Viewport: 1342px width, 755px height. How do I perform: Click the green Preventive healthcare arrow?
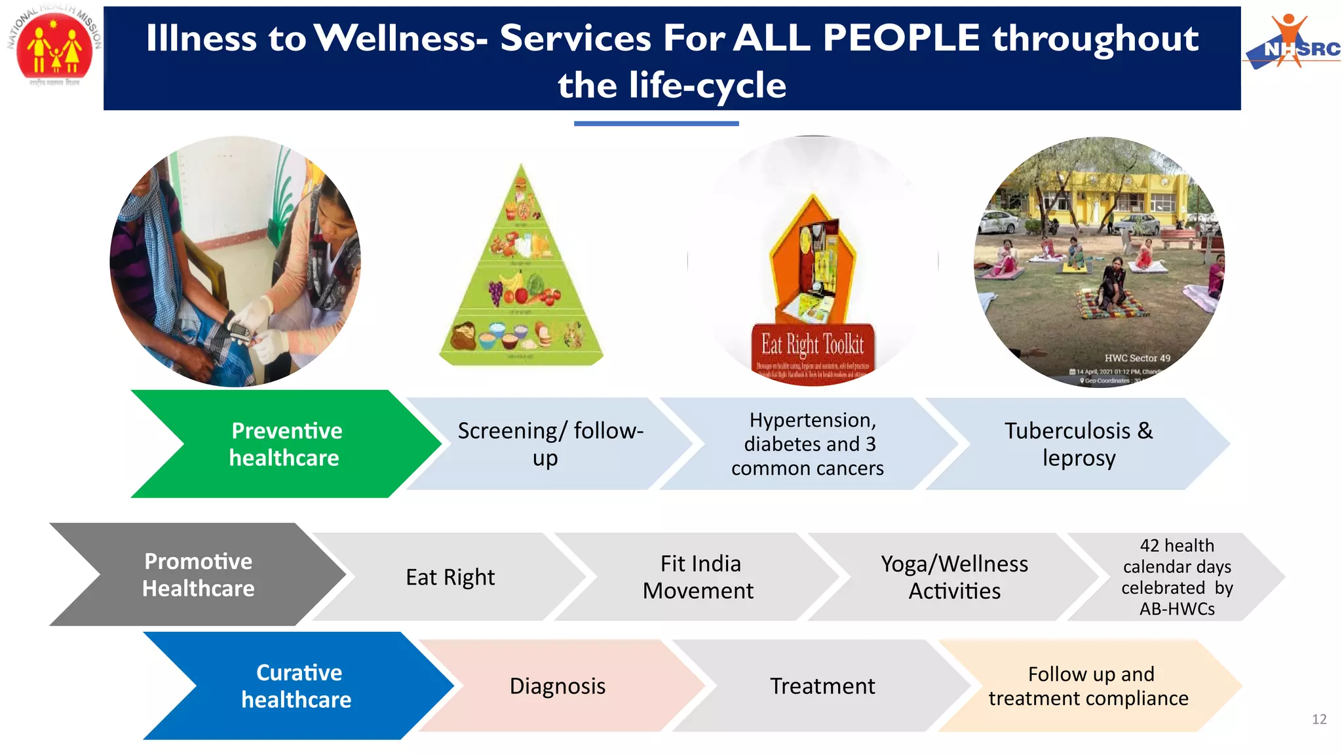point(285,444)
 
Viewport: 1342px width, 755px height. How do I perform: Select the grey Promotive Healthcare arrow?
point(198,575)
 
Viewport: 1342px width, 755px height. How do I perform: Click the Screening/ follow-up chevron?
point(549,444)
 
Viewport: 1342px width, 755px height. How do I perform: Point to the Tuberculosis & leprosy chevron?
point(1078,444)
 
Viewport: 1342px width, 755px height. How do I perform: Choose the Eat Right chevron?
point(450,577)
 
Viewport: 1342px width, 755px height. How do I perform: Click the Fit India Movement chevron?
point(699,577)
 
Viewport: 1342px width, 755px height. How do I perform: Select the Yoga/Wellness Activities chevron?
point(954,577)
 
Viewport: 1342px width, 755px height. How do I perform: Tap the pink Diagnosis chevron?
point(558,686)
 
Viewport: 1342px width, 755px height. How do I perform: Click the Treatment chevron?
point(822,686)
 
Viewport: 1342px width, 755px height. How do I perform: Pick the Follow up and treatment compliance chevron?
point(1088,686)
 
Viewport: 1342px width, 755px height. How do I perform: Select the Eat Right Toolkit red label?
point(813,351)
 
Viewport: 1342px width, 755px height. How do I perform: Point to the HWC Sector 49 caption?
point(1137,358)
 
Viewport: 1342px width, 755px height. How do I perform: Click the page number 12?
point(1319,719)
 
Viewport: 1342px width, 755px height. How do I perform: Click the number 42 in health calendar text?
point(1149,546)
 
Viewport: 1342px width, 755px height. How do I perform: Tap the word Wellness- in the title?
point(401,38)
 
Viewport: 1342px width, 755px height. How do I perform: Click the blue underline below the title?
point(656,123)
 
